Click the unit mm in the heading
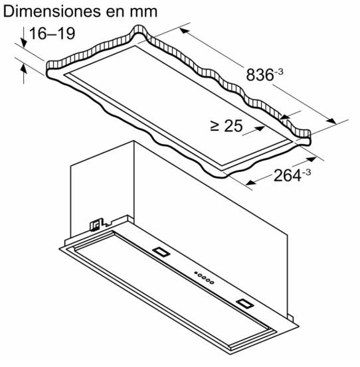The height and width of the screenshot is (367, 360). (143, 12)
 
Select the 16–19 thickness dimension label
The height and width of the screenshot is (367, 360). (52, 33)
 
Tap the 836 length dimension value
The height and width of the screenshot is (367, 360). (260, 75)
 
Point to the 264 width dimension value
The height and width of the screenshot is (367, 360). (288, 176)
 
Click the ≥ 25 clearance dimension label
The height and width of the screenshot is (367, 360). (226, 126)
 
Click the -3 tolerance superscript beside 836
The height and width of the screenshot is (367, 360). (279, 72)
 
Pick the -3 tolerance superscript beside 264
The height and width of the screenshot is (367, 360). (306, 173)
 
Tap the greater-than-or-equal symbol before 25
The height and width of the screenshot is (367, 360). (215, 126)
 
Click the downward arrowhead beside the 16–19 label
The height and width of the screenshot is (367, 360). (24, 42)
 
